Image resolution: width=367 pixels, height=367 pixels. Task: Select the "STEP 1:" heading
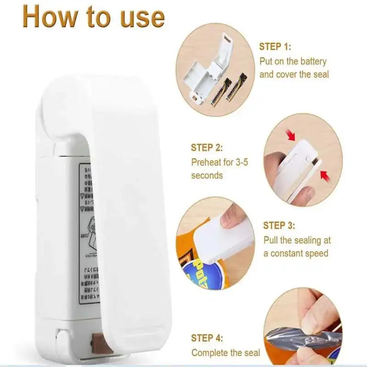(x=275, y=46)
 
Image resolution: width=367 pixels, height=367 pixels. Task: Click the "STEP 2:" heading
(x=207, y=148)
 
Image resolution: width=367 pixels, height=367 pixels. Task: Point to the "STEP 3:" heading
(x=279, y=226)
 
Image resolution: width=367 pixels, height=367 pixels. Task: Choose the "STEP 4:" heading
(x=207, y=339)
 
